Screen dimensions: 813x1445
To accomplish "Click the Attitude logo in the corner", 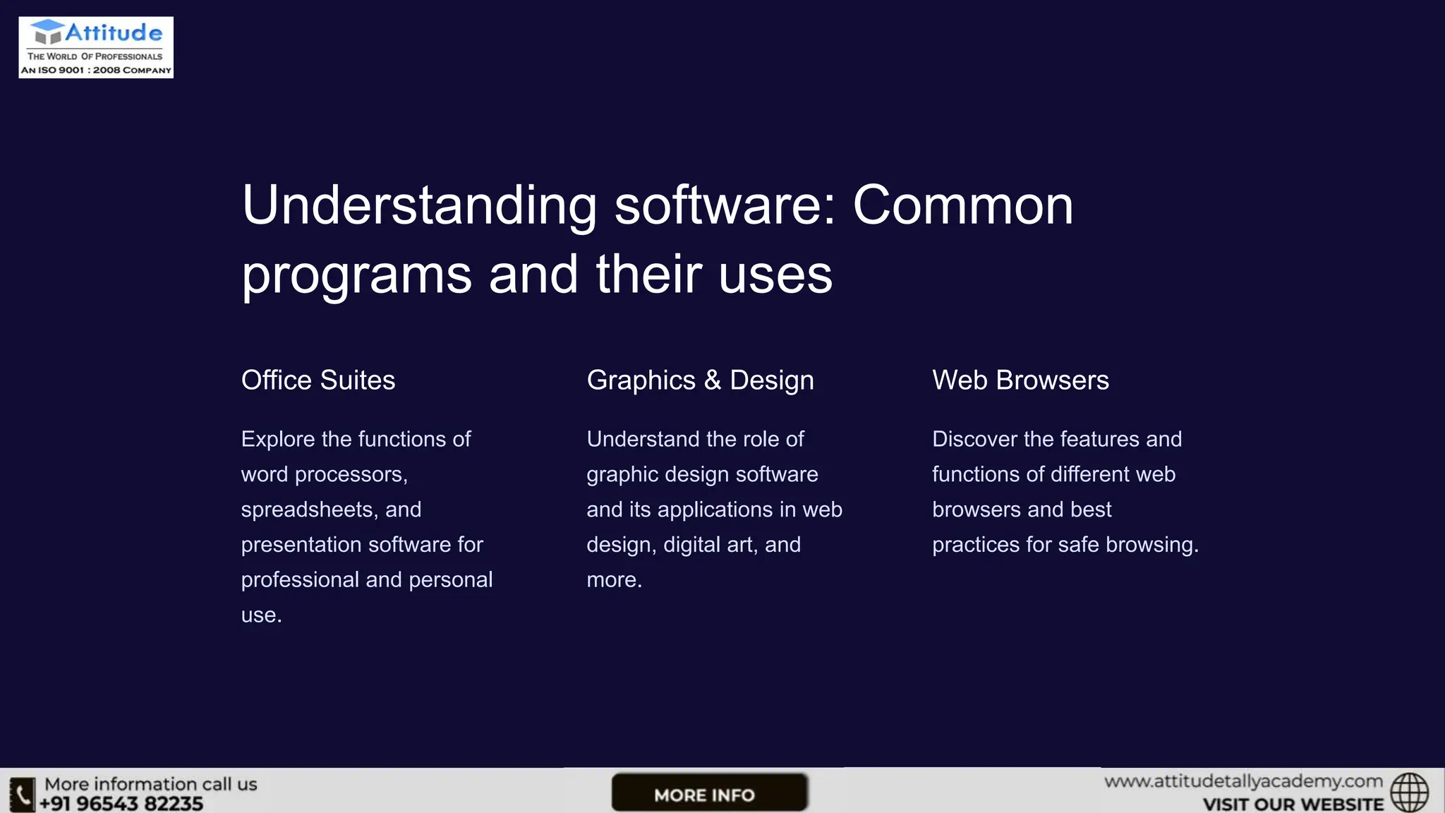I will tap(96, 47).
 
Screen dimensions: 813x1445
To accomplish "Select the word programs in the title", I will tap(356, 275).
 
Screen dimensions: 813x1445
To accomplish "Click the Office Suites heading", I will tap(318, 380).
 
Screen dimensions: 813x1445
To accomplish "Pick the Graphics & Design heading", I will tap(700, 380).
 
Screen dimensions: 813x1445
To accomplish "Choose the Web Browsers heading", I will tap(1020, 380).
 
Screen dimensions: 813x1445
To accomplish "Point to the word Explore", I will tap(278, 439).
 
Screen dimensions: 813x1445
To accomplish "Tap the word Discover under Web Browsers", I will tap(974, 439).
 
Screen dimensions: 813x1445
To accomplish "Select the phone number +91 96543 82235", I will tap(121, 804).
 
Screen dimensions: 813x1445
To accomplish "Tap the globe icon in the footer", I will tap(1409, 793).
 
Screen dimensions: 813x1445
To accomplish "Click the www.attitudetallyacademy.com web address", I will tap(1243, 782).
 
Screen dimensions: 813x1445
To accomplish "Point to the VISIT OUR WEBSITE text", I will tap(1293, 805).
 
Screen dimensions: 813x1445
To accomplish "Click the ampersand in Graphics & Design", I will tap(713, 380).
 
